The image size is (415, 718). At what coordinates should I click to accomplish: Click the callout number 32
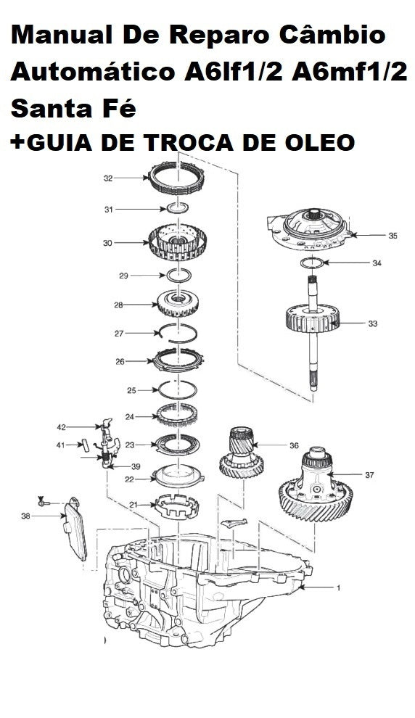coord(108,178)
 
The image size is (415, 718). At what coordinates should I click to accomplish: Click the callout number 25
coord(132,391)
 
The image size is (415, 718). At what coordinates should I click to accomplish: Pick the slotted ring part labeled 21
coord(177,506)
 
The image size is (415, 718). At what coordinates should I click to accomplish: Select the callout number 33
coord(373,323)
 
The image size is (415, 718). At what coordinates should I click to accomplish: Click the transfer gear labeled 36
coord(241,453)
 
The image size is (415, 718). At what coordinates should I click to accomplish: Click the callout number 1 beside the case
coord(339,587)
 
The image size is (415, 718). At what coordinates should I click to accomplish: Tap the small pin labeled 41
coord(85,445)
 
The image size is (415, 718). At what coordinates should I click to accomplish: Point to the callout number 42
coord(62,427)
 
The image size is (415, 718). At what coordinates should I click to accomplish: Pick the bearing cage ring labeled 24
coord(177,415)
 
